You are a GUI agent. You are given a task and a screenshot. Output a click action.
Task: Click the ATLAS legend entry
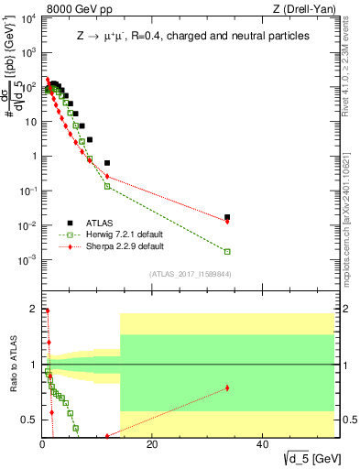click(x=102, y=222)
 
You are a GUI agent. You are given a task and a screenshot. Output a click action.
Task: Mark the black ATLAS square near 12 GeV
click(x=107, y=163)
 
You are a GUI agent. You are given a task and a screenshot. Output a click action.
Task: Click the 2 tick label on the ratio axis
click(x=34, y=309)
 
